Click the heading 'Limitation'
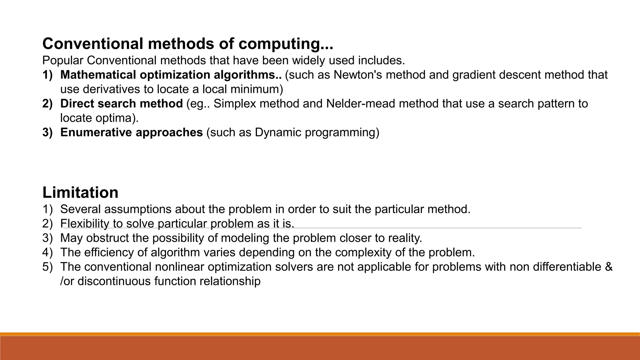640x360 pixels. pos(80,192)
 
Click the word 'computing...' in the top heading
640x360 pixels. pos(286,44)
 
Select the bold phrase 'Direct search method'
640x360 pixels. pos(121,104)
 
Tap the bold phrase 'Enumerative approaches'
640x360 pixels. pos(131,132)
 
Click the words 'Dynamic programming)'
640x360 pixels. pos(317,132)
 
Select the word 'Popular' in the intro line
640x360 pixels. pos(63,61)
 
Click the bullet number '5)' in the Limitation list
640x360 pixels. pos(47,267)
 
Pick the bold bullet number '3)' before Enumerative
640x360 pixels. pos(47,132)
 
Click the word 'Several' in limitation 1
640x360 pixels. pos(80,209)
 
